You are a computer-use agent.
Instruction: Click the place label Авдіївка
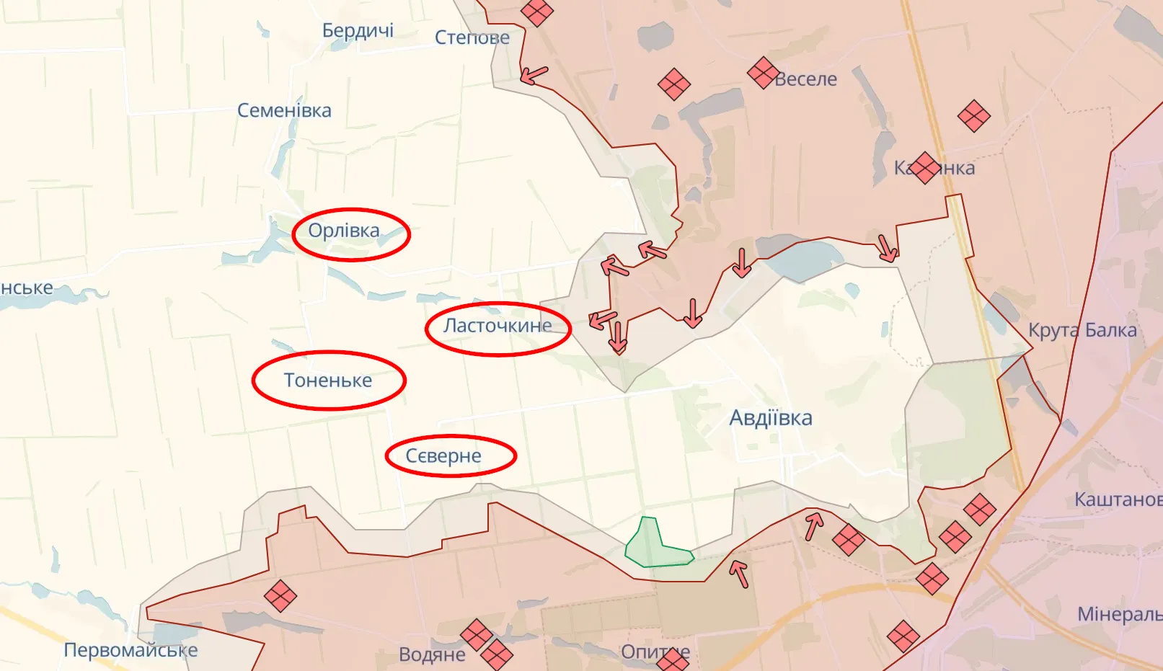point(770,418)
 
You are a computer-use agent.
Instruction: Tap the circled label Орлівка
point(344,231)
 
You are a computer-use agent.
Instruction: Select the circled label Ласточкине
point(498,326)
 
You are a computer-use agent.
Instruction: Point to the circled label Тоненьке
point(328,381)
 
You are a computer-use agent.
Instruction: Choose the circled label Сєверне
point(443,456)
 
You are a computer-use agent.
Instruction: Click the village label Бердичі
point(358,31)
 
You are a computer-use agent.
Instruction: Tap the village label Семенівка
point(284,111)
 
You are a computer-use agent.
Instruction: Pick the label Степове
point(472,37)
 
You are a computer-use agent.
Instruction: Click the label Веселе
point(806,79)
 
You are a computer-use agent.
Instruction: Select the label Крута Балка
point(1082,331)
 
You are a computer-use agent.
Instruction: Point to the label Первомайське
point(131,650)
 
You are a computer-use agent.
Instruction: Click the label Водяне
point(432,655)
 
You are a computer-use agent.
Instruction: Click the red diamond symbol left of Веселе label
point(762,72)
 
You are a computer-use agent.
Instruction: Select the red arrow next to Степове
point(534,75)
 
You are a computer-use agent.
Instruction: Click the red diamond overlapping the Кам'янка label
point(924,167)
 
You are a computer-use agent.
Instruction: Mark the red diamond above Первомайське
point(280,596)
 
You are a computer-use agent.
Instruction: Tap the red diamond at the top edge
point(536,12)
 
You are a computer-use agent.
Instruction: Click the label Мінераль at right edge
point(1119,615)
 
